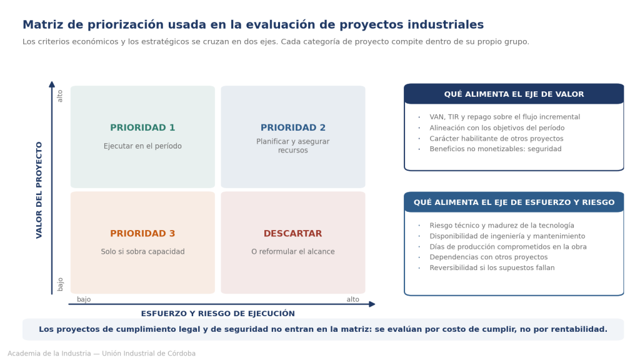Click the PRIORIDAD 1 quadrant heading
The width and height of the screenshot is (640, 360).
click(x=142, y=127)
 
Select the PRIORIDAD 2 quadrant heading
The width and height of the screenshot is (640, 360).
click(x=293, y=127)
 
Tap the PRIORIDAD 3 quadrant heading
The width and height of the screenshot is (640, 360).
click(x=142, y=234)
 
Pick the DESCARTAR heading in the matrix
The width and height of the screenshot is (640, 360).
click(x=293, y=234)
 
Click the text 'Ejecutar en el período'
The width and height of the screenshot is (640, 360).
click(x=142, y=146)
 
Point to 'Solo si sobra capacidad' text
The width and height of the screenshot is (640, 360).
click(x=142, y=252)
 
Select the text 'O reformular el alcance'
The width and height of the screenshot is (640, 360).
click(x=293, y=252)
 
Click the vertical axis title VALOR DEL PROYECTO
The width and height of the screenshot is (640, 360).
click(x=39, y=190)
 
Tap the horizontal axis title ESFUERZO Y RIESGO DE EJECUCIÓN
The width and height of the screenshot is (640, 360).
click(x=218, y=314)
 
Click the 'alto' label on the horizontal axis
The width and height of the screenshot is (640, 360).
click(x=352, y=299)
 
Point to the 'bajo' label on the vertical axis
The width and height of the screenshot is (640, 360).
click(x=60, y=284)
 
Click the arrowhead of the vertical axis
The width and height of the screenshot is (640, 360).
click(x=52, y=84)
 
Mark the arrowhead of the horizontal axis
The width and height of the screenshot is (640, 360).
click(x=372, y=304)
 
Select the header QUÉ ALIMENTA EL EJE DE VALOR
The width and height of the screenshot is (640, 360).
click(x=514, y=94)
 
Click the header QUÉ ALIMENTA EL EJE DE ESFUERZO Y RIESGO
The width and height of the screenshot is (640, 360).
click(x=514, y=202)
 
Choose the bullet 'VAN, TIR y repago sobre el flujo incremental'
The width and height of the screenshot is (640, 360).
click(x=504, y=117)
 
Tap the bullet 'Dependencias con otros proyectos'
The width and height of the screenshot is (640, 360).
click(x=489, y=257)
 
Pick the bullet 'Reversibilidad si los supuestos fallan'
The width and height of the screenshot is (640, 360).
click(x=492, y=267)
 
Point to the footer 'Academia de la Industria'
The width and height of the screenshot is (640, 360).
click(x=49, y=354)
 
